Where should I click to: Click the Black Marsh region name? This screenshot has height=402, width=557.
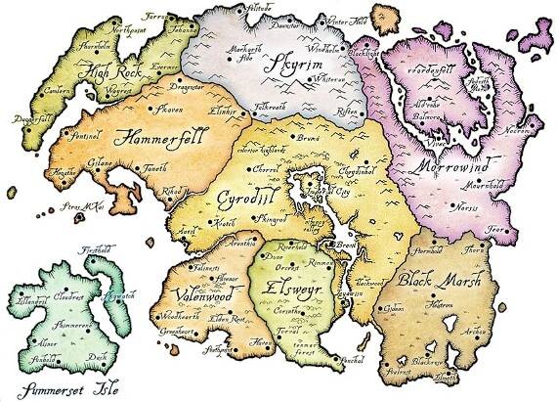coord(439,279)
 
